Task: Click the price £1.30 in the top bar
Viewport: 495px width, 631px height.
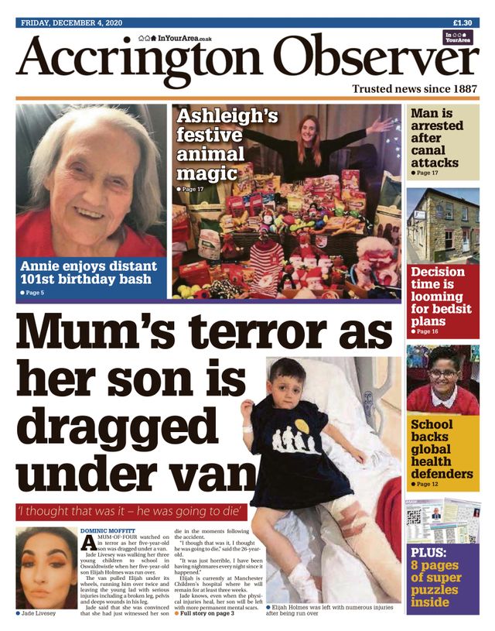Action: (x=463, y=22)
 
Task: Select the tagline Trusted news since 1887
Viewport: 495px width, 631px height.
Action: (x=415, y=89)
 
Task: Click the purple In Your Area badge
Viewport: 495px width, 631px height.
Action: (x=459, y=38)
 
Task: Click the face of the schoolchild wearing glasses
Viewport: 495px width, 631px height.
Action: (x=442, y=378)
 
